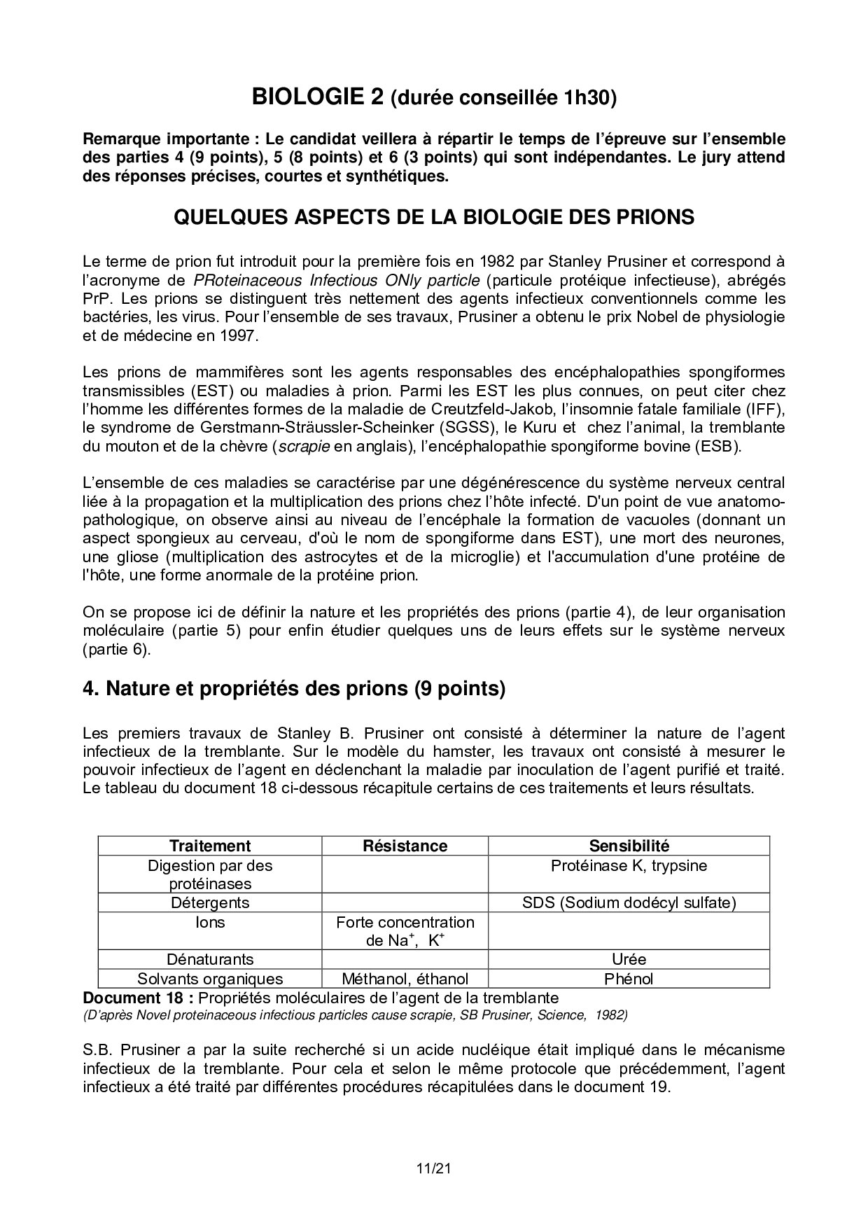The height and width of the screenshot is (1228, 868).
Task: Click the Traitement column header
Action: pos(210,846)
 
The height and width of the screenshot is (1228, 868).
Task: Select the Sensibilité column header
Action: pos(629,846)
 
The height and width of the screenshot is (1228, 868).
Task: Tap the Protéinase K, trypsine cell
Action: pos(629,866)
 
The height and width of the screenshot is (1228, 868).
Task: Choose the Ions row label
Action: pos(210,923)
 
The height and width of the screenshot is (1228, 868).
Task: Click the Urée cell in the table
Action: pos(629,959)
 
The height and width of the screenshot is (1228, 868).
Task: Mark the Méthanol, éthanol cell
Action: pos(405,979)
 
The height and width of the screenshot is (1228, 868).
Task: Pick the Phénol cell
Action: pos(629,979)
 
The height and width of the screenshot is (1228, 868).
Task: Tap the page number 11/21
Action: pos(434,1168)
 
